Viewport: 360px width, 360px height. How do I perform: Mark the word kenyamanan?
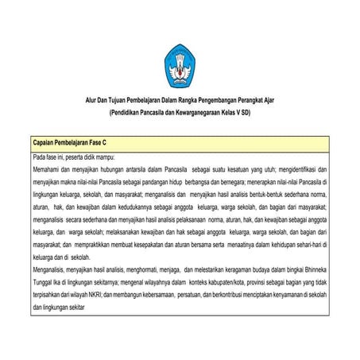[288, 292]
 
